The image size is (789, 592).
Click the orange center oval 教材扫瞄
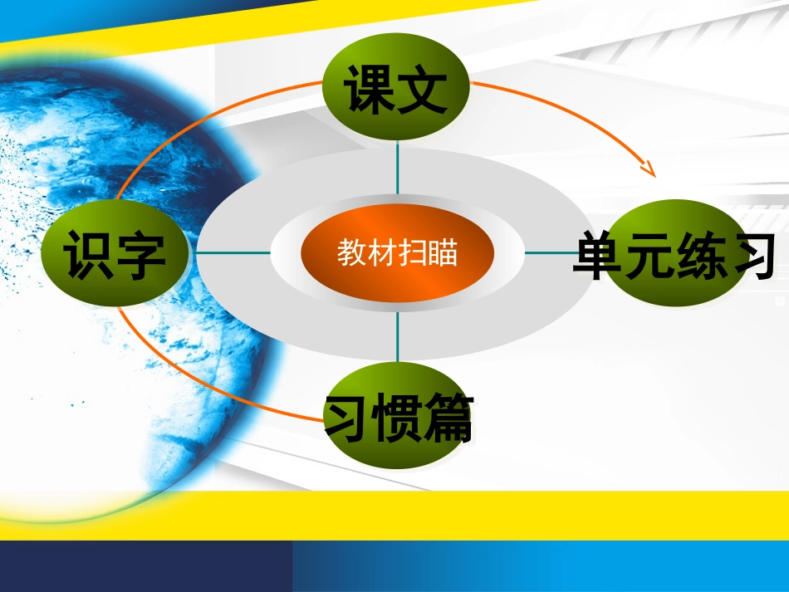click(397, 253)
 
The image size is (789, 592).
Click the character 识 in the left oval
click(90, 254)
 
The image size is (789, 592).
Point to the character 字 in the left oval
click(142, 254)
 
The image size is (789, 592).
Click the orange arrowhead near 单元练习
click(650, 169)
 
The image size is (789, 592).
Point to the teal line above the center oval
click(397, 170)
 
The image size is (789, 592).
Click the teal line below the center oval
click(397, 336)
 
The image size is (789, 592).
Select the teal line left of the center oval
click(233, 253)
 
